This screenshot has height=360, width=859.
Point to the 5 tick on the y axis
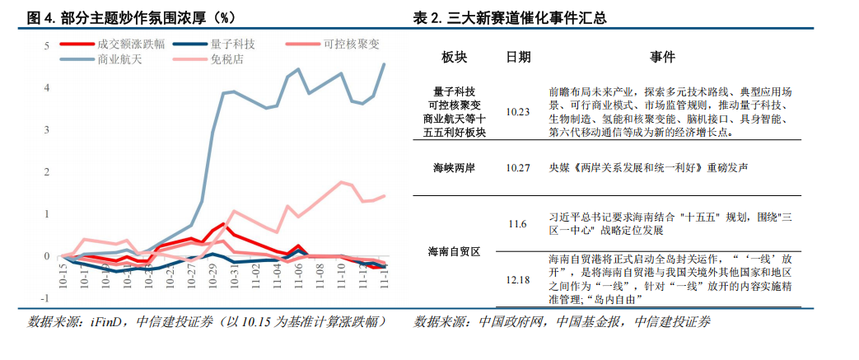[x=48, y=45]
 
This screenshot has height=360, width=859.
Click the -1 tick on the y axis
[x=46, y=298]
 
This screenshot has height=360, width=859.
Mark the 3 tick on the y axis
[x=48, y=130]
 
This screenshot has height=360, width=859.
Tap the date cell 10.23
[x=518, y=111]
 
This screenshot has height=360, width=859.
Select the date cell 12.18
[x=518, y=280]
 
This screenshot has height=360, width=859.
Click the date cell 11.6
[x=518, y=224]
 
